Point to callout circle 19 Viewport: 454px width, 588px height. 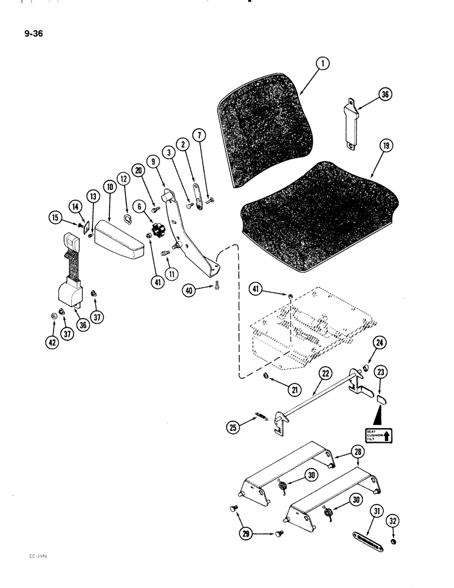[x=386, y=147]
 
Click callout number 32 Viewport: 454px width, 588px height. [x=393, y=522]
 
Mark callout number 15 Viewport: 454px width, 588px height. [x=55, y=219]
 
